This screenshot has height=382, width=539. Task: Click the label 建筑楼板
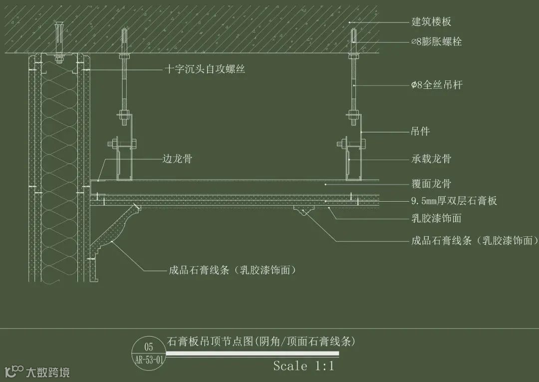431,22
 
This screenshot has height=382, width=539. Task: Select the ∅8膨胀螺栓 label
436,42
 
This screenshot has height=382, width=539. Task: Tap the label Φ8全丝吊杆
437,85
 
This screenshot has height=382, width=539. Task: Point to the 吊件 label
420,132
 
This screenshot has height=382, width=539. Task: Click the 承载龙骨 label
431,159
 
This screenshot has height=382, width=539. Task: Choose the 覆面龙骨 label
431,184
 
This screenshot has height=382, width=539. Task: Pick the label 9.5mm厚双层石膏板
454,201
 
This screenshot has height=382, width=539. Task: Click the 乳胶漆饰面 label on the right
436,218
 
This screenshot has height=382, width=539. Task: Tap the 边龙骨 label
177,159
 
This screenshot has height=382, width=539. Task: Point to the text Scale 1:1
303,366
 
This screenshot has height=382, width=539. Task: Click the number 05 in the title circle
149,347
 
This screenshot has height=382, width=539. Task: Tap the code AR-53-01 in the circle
149,360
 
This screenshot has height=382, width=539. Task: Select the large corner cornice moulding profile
112,232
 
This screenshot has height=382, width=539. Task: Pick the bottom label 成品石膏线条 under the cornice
233,271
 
